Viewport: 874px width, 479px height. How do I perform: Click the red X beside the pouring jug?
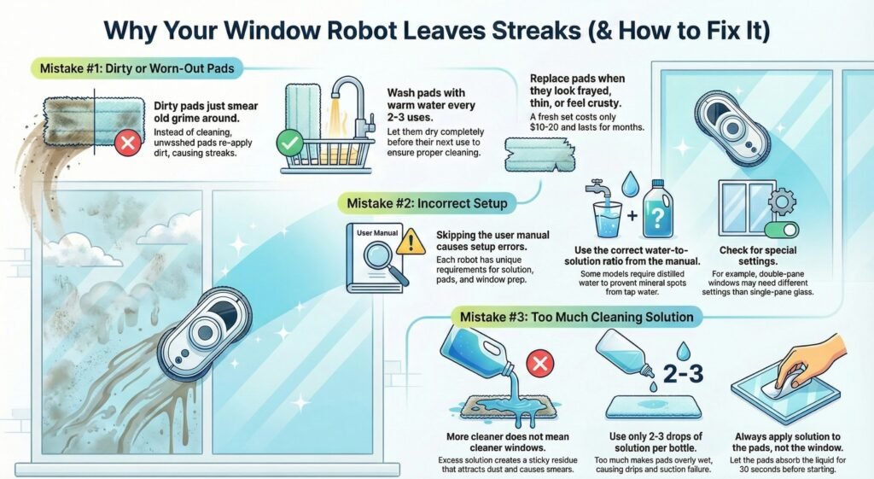[539, 365]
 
